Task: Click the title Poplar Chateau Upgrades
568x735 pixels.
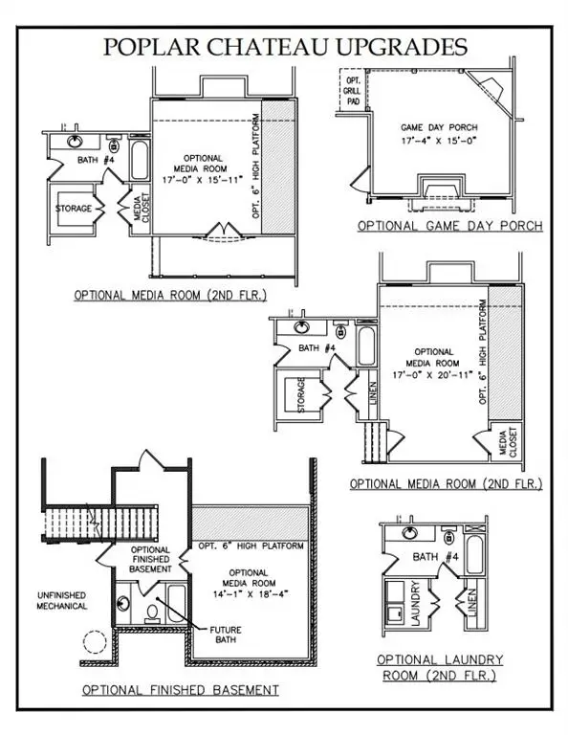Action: pos(283,47)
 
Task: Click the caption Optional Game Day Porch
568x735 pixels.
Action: pos(449,226)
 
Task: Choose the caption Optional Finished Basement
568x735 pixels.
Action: pos(181,689)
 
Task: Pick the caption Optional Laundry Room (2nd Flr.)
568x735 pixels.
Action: pos(439,668)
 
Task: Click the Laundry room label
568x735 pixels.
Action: pos(416,603)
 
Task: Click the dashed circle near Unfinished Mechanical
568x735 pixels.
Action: pos(95,643)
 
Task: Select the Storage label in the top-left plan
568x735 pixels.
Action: pos(74,208)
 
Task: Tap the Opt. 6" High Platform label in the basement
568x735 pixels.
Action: pos(251,546)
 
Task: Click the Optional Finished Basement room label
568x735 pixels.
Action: pos(150,560)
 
